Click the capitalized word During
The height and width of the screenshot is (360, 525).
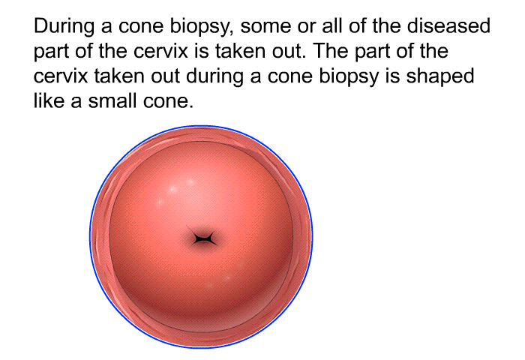tap(64, 27)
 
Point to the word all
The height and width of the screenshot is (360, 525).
tap(332, 26)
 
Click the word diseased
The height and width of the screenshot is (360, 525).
tap(448, 26)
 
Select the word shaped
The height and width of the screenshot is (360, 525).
tap(440, 76)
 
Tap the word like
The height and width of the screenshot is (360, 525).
tap(49, 100)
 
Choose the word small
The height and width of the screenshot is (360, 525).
tap(112, 100)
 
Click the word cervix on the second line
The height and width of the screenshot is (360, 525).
tap(160, 52)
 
